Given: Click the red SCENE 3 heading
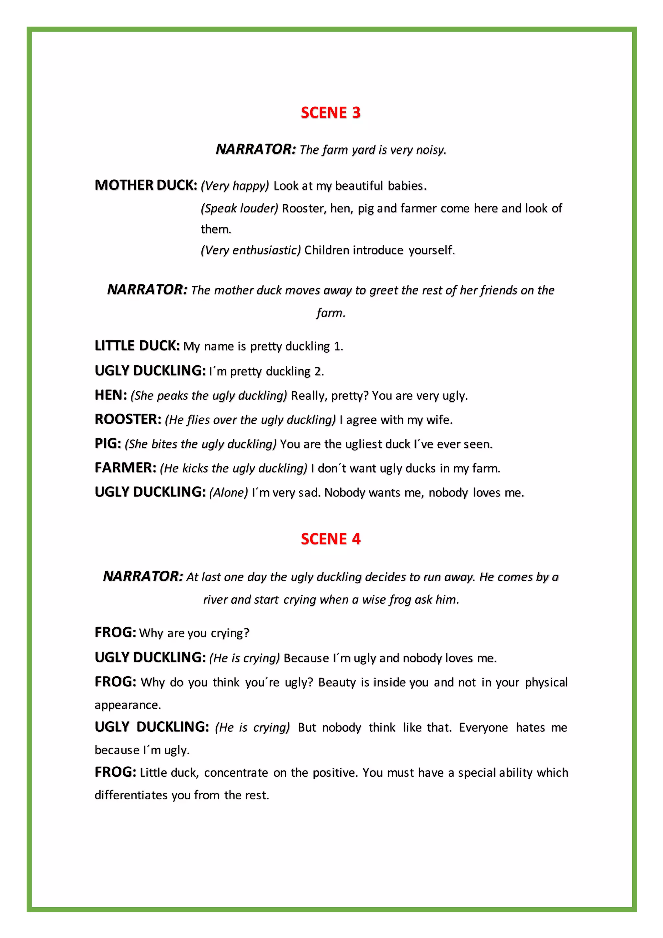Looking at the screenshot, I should tap(331, 113).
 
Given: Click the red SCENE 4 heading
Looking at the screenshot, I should tap(331, 539).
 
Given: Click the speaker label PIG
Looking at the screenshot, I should tap(108, 444).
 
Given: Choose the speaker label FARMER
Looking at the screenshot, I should tap(125, 468).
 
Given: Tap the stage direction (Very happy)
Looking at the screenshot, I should tap(235, 186).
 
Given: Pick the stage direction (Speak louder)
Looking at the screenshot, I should tap(239, 208).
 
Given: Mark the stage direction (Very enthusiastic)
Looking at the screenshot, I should tap(251, 250).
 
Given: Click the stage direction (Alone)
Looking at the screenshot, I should tap(228, 493).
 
